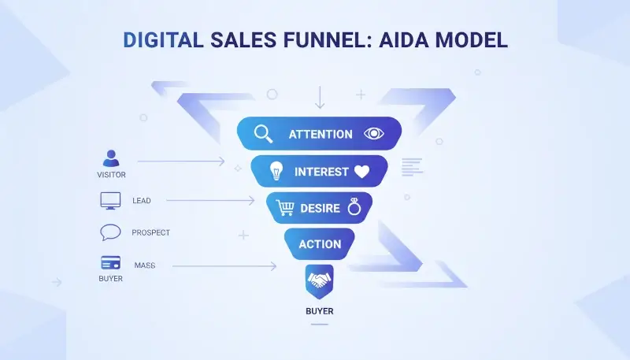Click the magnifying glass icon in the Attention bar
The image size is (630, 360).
click(263, 134)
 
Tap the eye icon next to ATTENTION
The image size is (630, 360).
click(372, 134)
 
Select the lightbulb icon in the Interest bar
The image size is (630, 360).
click(276, 171)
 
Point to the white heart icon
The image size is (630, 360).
click(361, 171)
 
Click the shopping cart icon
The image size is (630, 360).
click(285, 208)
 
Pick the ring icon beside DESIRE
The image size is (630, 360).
click(354, 207)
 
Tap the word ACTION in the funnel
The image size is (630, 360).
click(320, 244)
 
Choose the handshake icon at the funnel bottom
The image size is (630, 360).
click(319, 280)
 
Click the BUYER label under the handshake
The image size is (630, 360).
click(319, 311)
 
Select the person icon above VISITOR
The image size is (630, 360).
click(111, 158)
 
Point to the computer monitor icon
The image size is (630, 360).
click(110, 200)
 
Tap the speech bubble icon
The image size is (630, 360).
click(110, 232)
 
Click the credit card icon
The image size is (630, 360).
click(110, 263)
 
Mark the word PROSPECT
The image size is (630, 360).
click(150, 233)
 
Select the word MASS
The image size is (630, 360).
click(144, 265)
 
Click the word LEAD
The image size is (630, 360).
click(142, 201)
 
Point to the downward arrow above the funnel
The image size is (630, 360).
click(319, 98)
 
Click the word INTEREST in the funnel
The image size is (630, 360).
click(321, 172)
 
